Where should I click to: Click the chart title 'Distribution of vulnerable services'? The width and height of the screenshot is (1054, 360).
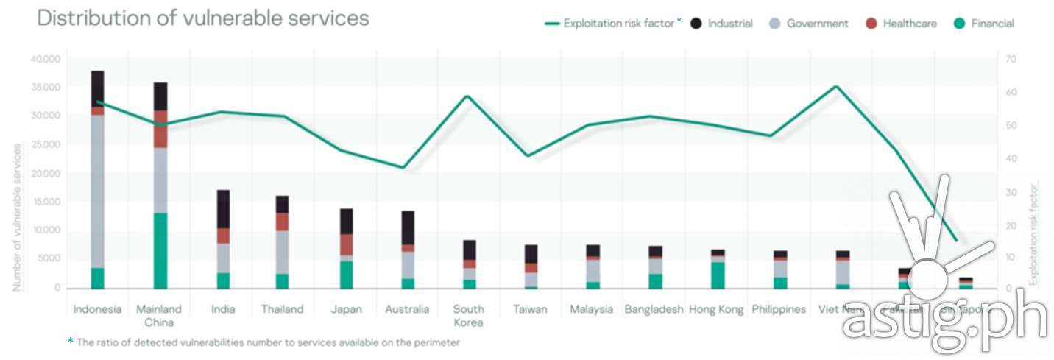203,18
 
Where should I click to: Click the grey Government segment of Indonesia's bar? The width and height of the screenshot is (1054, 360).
97,191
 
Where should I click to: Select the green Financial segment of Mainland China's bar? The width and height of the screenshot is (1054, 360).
160,250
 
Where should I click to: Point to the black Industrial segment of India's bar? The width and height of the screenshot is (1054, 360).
222,209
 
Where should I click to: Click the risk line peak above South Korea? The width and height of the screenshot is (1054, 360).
468,96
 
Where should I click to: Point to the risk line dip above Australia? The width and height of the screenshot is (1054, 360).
403,167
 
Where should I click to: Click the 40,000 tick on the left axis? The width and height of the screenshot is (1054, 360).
46,58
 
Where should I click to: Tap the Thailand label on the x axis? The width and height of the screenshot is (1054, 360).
282,309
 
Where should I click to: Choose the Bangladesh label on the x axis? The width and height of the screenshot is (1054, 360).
654,309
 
